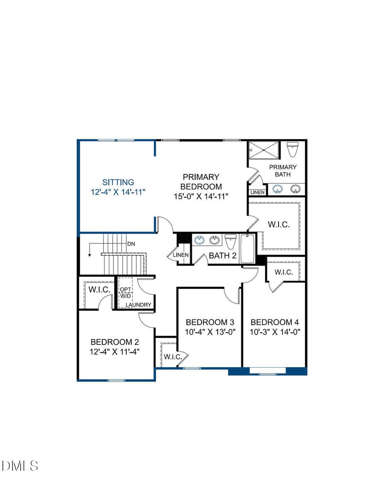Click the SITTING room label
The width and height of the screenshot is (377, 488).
tap(118, 182)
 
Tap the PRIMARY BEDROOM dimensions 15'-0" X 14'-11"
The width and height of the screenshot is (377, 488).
tap(201, 196)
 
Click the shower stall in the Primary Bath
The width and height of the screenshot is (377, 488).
tap(264, 150)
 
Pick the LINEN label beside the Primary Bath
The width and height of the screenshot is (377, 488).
tap(257, 192)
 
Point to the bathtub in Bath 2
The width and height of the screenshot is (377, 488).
tap(247, 248)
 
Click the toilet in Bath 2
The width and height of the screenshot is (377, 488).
tap(231, 241)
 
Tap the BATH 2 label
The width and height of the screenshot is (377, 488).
tap(222, 255)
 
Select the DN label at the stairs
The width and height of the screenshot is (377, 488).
tap(131, 244)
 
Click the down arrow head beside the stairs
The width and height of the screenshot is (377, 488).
tap(90, 255)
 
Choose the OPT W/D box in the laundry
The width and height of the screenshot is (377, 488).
tap(125, 293)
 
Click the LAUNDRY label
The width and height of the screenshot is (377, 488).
tap(138, 305)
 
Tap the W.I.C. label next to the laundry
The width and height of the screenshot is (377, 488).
tap(99, 289)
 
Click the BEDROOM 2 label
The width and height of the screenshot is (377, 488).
tap(115, 342)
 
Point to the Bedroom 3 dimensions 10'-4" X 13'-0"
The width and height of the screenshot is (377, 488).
tap(210, 332)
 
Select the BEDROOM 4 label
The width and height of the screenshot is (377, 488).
tap(275, 322)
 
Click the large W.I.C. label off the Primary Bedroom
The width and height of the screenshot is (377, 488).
tap(279, 225)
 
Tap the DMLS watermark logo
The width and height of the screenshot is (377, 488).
tap(20, 466)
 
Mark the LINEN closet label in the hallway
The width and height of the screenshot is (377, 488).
tap(181, 255)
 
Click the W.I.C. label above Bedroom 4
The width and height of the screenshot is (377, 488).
tap(284, 272)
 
